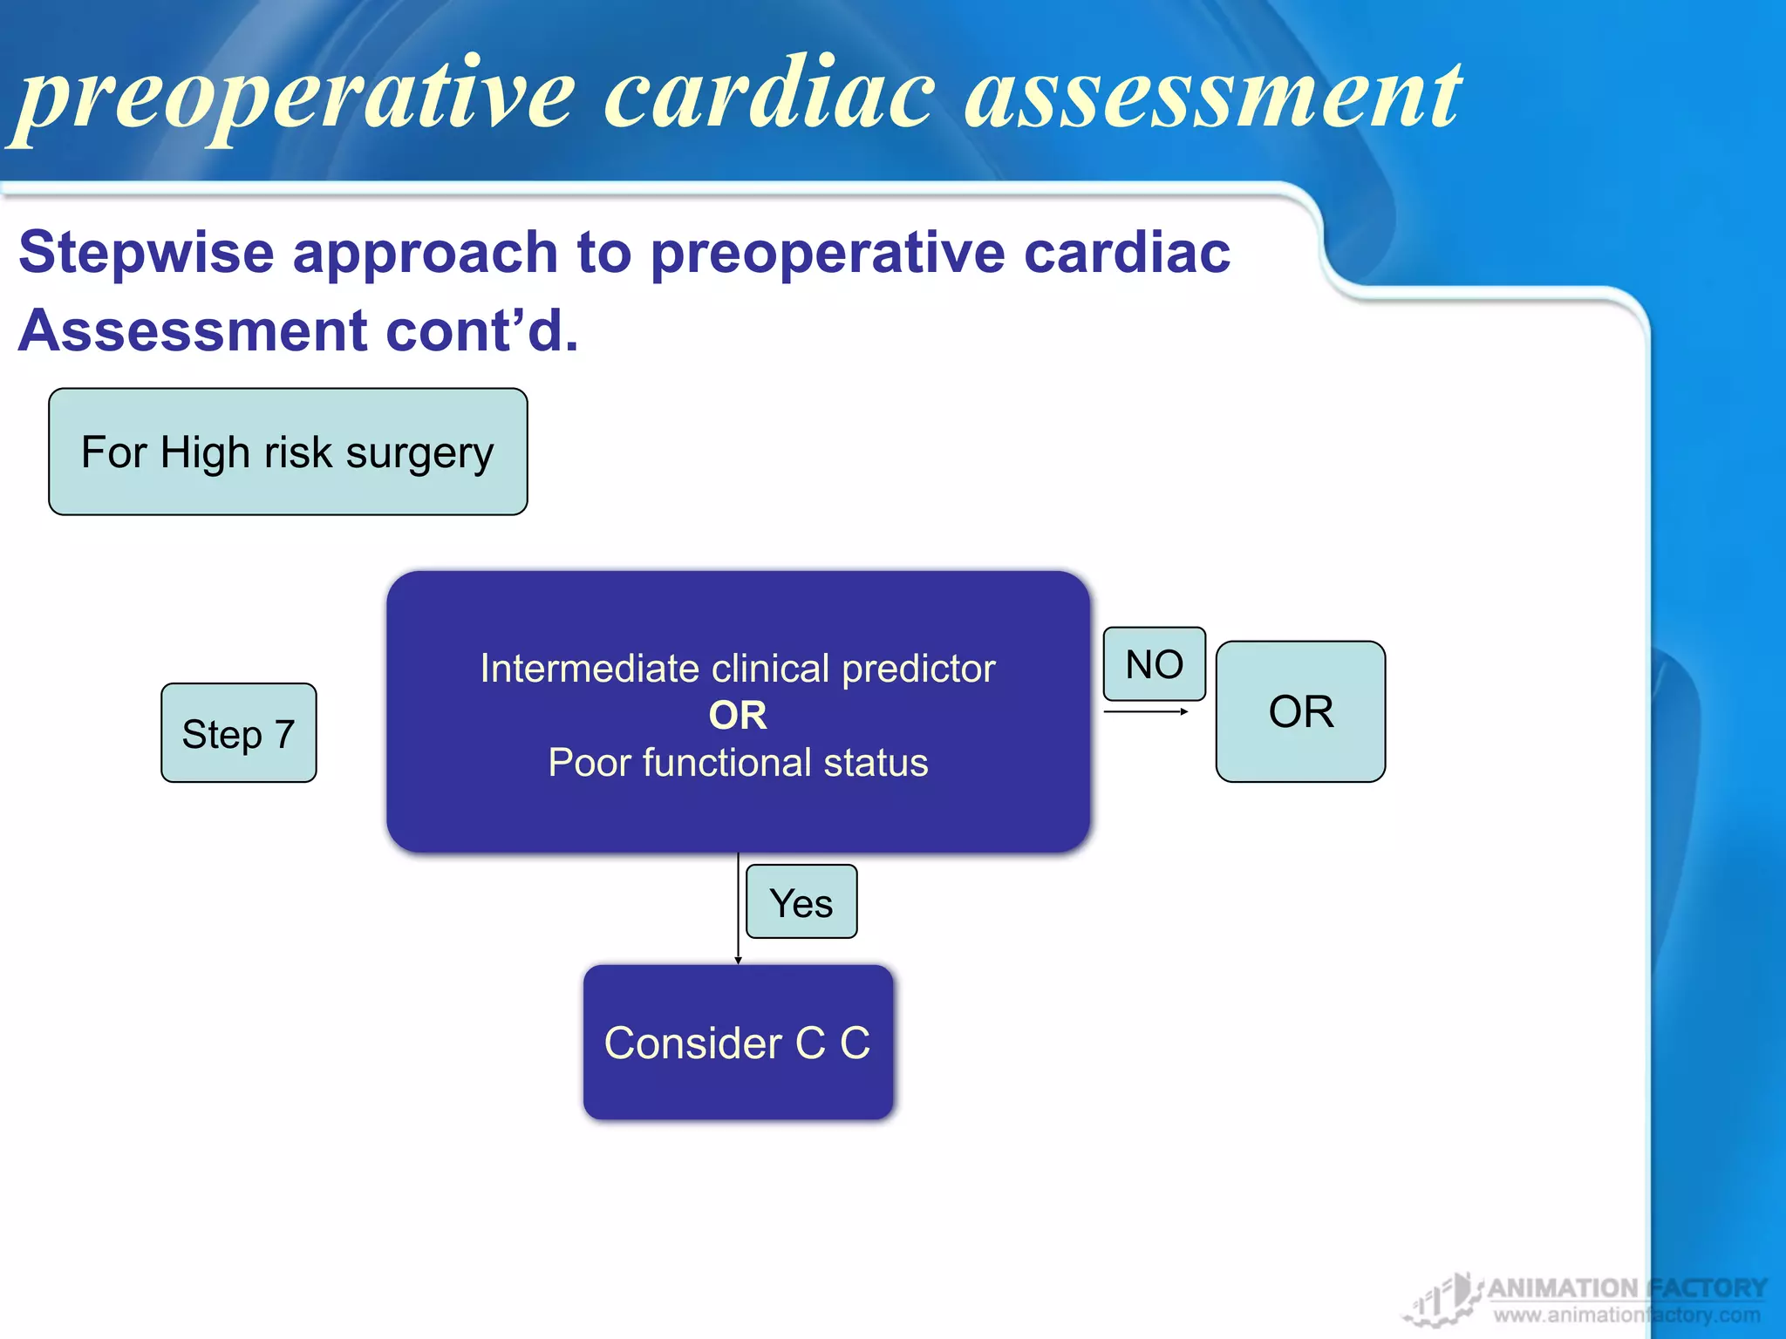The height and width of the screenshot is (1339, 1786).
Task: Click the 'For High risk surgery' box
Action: pyautogui.click(x=288, y=452)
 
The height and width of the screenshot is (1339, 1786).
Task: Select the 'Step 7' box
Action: pyautogui.click(x=238, y=733)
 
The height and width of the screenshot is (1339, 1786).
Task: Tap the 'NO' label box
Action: pyautogui.click(x=1154, y=664)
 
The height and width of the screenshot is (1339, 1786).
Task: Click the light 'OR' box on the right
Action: pyautogui.click(x=1300, y=711)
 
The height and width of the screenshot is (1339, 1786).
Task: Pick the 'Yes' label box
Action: pyautogui.click(x=801, y=902)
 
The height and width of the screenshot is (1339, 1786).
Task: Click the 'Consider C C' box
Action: pyautogui.click(x=738, y=1043)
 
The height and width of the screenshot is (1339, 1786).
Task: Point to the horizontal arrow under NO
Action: pyautogui.click(x=1145, y=712)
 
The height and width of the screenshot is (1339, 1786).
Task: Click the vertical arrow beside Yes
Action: pyautogui.click(x=738, y=907)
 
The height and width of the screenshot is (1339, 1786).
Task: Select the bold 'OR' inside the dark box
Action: pyautogui.click(x=738, y=716)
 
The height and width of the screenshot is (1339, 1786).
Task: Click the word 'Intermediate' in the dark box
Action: pyautogui.click(x=590, y=669)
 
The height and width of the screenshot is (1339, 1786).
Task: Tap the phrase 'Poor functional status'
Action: pyautogui.click(x=738, y=763)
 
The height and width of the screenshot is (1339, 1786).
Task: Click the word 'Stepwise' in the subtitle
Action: pyautogui.click(x=147, y=253)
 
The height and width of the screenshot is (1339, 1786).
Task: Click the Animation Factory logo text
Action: pyautogui.click(x=1626, y=1288)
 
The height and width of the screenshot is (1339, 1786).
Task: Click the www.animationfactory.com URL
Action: pyautogui.click(x=1626, y=1315)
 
